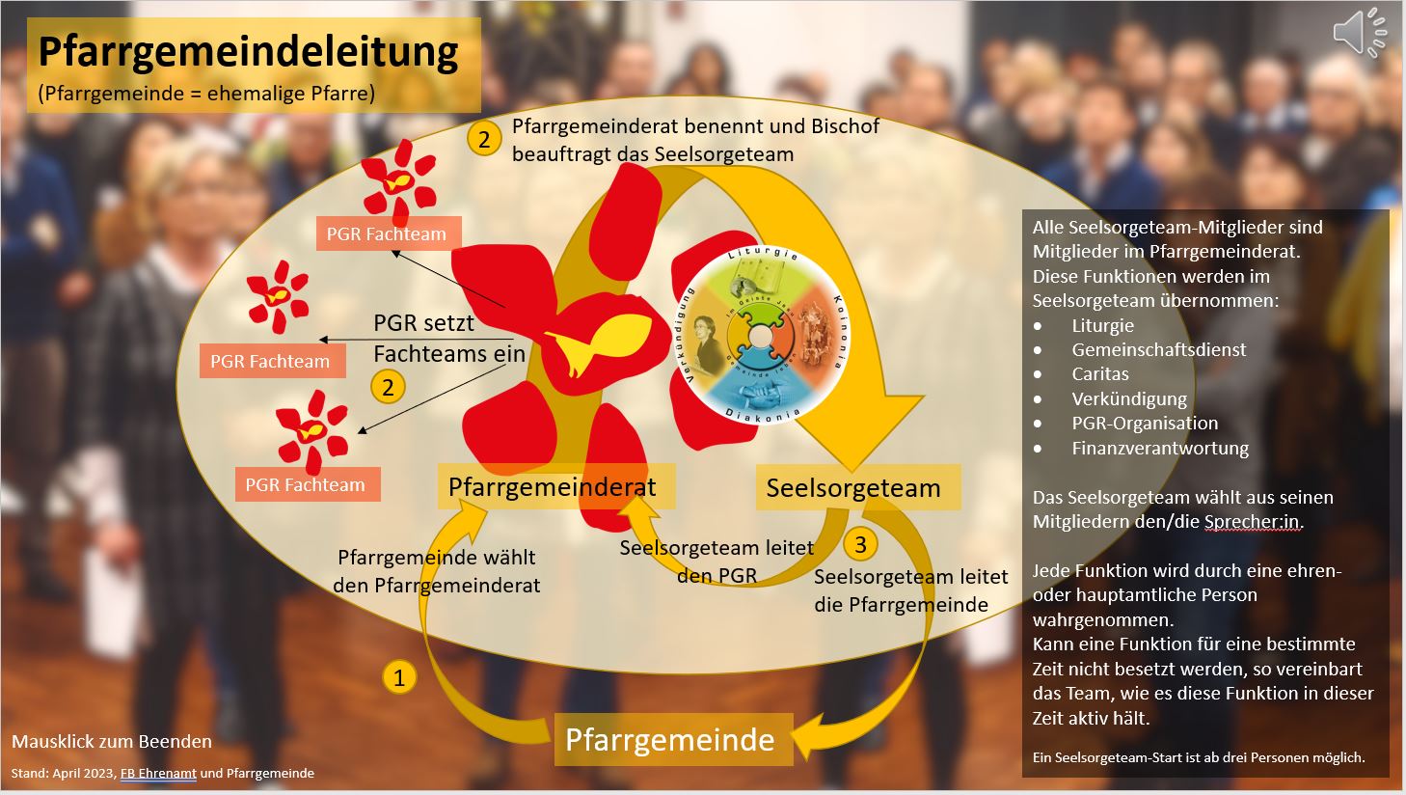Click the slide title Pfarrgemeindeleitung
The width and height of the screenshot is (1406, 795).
tap(249, 51)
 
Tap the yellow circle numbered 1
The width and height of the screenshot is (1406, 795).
tap(399, 676)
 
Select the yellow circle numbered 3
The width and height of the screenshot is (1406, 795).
tap(860, 544)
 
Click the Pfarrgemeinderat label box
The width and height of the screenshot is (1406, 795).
tap(553, 487)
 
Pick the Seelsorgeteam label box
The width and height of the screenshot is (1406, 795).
tap(853, 488)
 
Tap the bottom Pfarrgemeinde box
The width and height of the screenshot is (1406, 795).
tap(670, 740)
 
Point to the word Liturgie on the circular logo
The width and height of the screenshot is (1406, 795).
tap(764, 257)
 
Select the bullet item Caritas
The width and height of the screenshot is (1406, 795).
tap(1100, 374)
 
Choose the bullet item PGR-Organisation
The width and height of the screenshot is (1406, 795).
tap(1145, 424)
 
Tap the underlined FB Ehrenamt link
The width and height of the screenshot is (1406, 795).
tap(158, 773)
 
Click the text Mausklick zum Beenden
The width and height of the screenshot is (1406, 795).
tap(112, 742)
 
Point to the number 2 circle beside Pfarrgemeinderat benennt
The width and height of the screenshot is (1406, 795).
tap(484, 139)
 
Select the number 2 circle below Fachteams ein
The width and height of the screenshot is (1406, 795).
tap(388, 388)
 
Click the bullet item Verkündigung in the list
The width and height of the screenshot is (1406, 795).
tap(1129, 398)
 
